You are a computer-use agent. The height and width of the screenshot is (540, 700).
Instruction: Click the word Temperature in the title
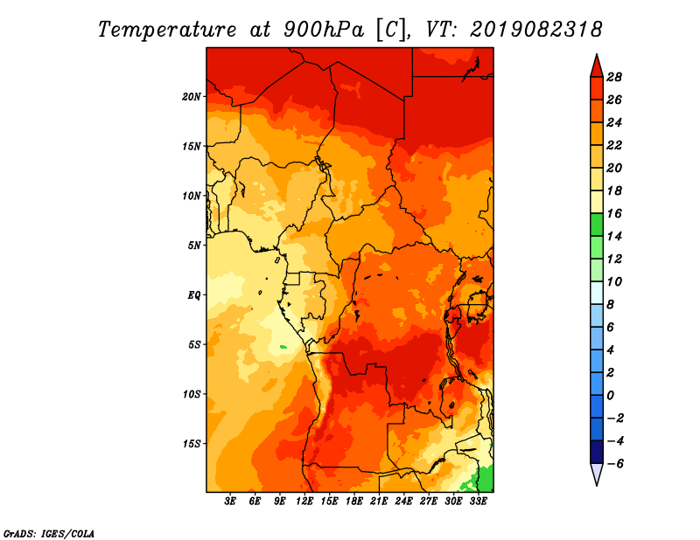[x=167, y=30]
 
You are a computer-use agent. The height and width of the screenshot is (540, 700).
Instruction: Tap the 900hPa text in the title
[x=323, y=30]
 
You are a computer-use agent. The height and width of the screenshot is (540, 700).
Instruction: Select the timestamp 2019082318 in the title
[x=536, y=30]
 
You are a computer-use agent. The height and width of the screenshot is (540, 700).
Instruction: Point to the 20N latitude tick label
[x=192, y=97]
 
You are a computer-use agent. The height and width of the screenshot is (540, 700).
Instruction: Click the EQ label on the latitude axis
[x=193, y=295]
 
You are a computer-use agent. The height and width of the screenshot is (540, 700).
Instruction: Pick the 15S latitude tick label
[x=192, y=444]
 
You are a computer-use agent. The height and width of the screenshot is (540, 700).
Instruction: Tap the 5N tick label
[x=194, y=246]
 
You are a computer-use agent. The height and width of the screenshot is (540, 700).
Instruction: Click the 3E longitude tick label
[x=230, y=502]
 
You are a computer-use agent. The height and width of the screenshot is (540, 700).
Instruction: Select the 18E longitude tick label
[x=354, y=502]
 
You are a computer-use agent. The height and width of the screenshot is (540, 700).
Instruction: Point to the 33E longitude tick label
[x=478, y=502]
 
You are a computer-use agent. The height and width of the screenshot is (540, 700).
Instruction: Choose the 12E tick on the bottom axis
[x=304, y=502]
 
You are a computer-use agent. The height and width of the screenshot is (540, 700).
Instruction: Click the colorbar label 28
[x=614, y=77]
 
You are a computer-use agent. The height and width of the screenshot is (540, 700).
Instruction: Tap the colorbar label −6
[x=615, y=464]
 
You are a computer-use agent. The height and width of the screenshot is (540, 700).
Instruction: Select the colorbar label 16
[x=614, y=213]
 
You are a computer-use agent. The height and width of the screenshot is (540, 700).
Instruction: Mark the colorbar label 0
[x=610, y=396]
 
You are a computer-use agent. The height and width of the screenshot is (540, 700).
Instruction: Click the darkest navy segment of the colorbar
[x=597, y=452]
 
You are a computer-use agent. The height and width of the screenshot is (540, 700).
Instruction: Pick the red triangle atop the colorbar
[x=597, y=67]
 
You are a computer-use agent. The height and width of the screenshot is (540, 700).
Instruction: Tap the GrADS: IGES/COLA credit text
[x=49, y=534]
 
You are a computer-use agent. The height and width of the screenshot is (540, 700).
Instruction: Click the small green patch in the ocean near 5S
[x=283, y=347]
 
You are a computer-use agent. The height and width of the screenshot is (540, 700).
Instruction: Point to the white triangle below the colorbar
[x=597, y=474]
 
